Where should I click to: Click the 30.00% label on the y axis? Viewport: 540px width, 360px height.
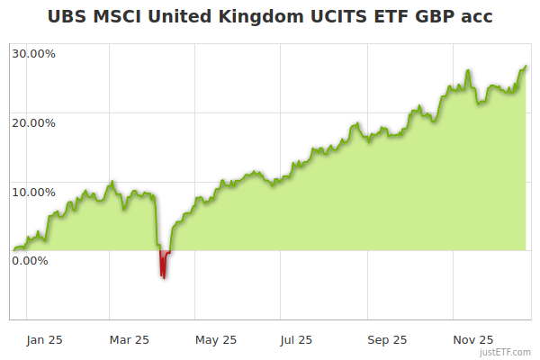[33, 53]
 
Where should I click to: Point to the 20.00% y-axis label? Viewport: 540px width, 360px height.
[33, 122]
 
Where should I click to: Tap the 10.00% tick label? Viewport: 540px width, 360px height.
[33, 191]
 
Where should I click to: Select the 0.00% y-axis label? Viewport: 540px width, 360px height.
[30, 260]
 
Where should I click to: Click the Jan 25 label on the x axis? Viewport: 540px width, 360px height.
[43, 339]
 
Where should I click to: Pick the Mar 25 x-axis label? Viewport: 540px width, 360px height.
[129, 339]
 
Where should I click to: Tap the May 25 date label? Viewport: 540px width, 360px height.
[215, 339]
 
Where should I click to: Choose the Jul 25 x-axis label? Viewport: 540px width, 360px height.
[296, 339]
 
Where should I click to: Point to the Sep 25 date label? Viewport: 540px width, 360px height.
[387, 339]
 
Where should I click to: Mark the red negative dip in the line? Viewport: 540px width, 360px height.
[163, 265]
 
